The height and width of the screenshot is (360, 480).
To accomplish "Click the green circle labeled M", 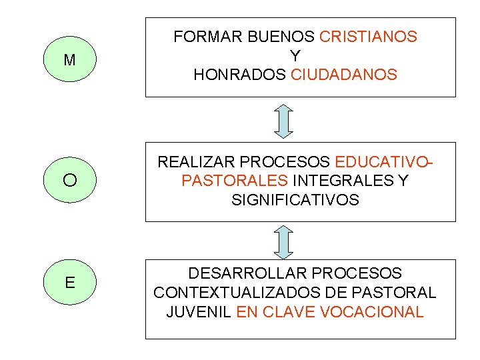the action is pyautogui.click(x=69, y=60).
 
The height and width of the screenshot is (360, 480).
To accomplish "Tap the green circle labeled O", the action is pyautogui.click(x=69, y=180).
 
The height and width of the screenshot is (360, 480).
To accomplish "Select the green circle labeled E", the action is pyautogui.click(x=69, y=282).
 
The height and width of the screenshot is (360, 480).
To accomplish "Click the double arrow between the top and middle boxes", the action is pyautogui.click(x=284, y=121).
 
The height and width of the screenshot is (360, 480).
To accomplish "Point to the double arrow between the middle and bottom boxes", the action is pyautogui.click(x=284, y=241).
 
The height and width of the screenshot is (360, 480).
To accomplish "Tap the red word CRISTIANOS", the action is pyautogui.click(x=369, y=37).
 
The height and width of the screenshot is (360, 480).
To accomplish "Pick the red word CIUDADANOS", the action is pyautogui.click(x=344, y=75).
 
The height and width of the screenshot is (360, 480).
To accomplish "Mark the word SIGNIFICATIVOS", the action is pyautogui.click(x=295, y=199).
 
